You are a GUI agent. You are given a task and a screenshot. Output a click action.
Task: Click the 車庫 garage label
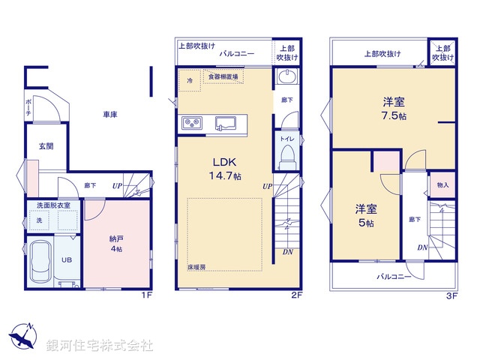coord(110,115)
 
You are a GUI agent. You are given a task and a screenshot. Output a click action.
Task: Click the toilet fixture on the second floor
coord(286,155)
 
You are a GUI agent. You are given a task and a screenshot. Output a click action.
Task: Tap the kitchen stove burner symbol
coord(190,123)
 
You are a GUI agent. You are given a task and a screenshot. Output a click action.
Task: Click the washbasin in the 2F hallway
coord(286,78)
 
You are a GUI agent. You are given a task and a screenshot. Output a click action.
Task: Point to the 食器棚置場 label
coord(223,76)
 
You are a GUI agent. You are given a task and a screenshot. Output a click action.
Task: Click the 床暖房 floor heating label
coord(196,266)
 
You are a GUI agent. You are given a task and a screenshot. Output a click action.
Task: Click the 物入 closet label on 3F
coord(442,185)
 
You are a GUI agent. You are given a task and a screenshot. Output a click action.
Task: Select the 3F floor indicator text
coord(451,296)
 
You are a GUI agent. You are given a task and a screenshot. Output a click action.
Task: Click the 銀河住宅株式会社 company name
coord(100,346)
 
